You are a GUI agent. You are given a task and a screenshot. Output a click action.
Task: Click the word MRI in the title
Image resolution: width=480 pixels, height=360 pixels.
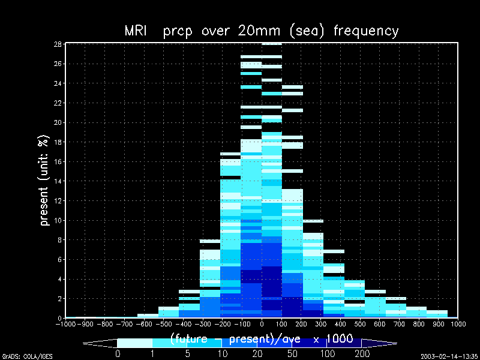point(136,31)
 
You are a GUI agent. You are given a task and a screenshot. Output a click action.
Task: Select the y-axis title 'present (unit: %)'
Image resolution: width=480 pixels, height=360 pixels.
point(44,179)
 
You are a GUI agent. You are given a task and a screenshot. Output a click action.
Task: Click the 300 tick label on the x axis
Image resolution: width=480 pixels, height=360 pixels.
point(321,324)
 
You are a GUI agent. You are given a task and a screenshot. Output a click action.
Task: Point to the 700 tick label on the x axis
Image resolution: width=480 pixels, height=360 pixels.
point(400,324)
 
